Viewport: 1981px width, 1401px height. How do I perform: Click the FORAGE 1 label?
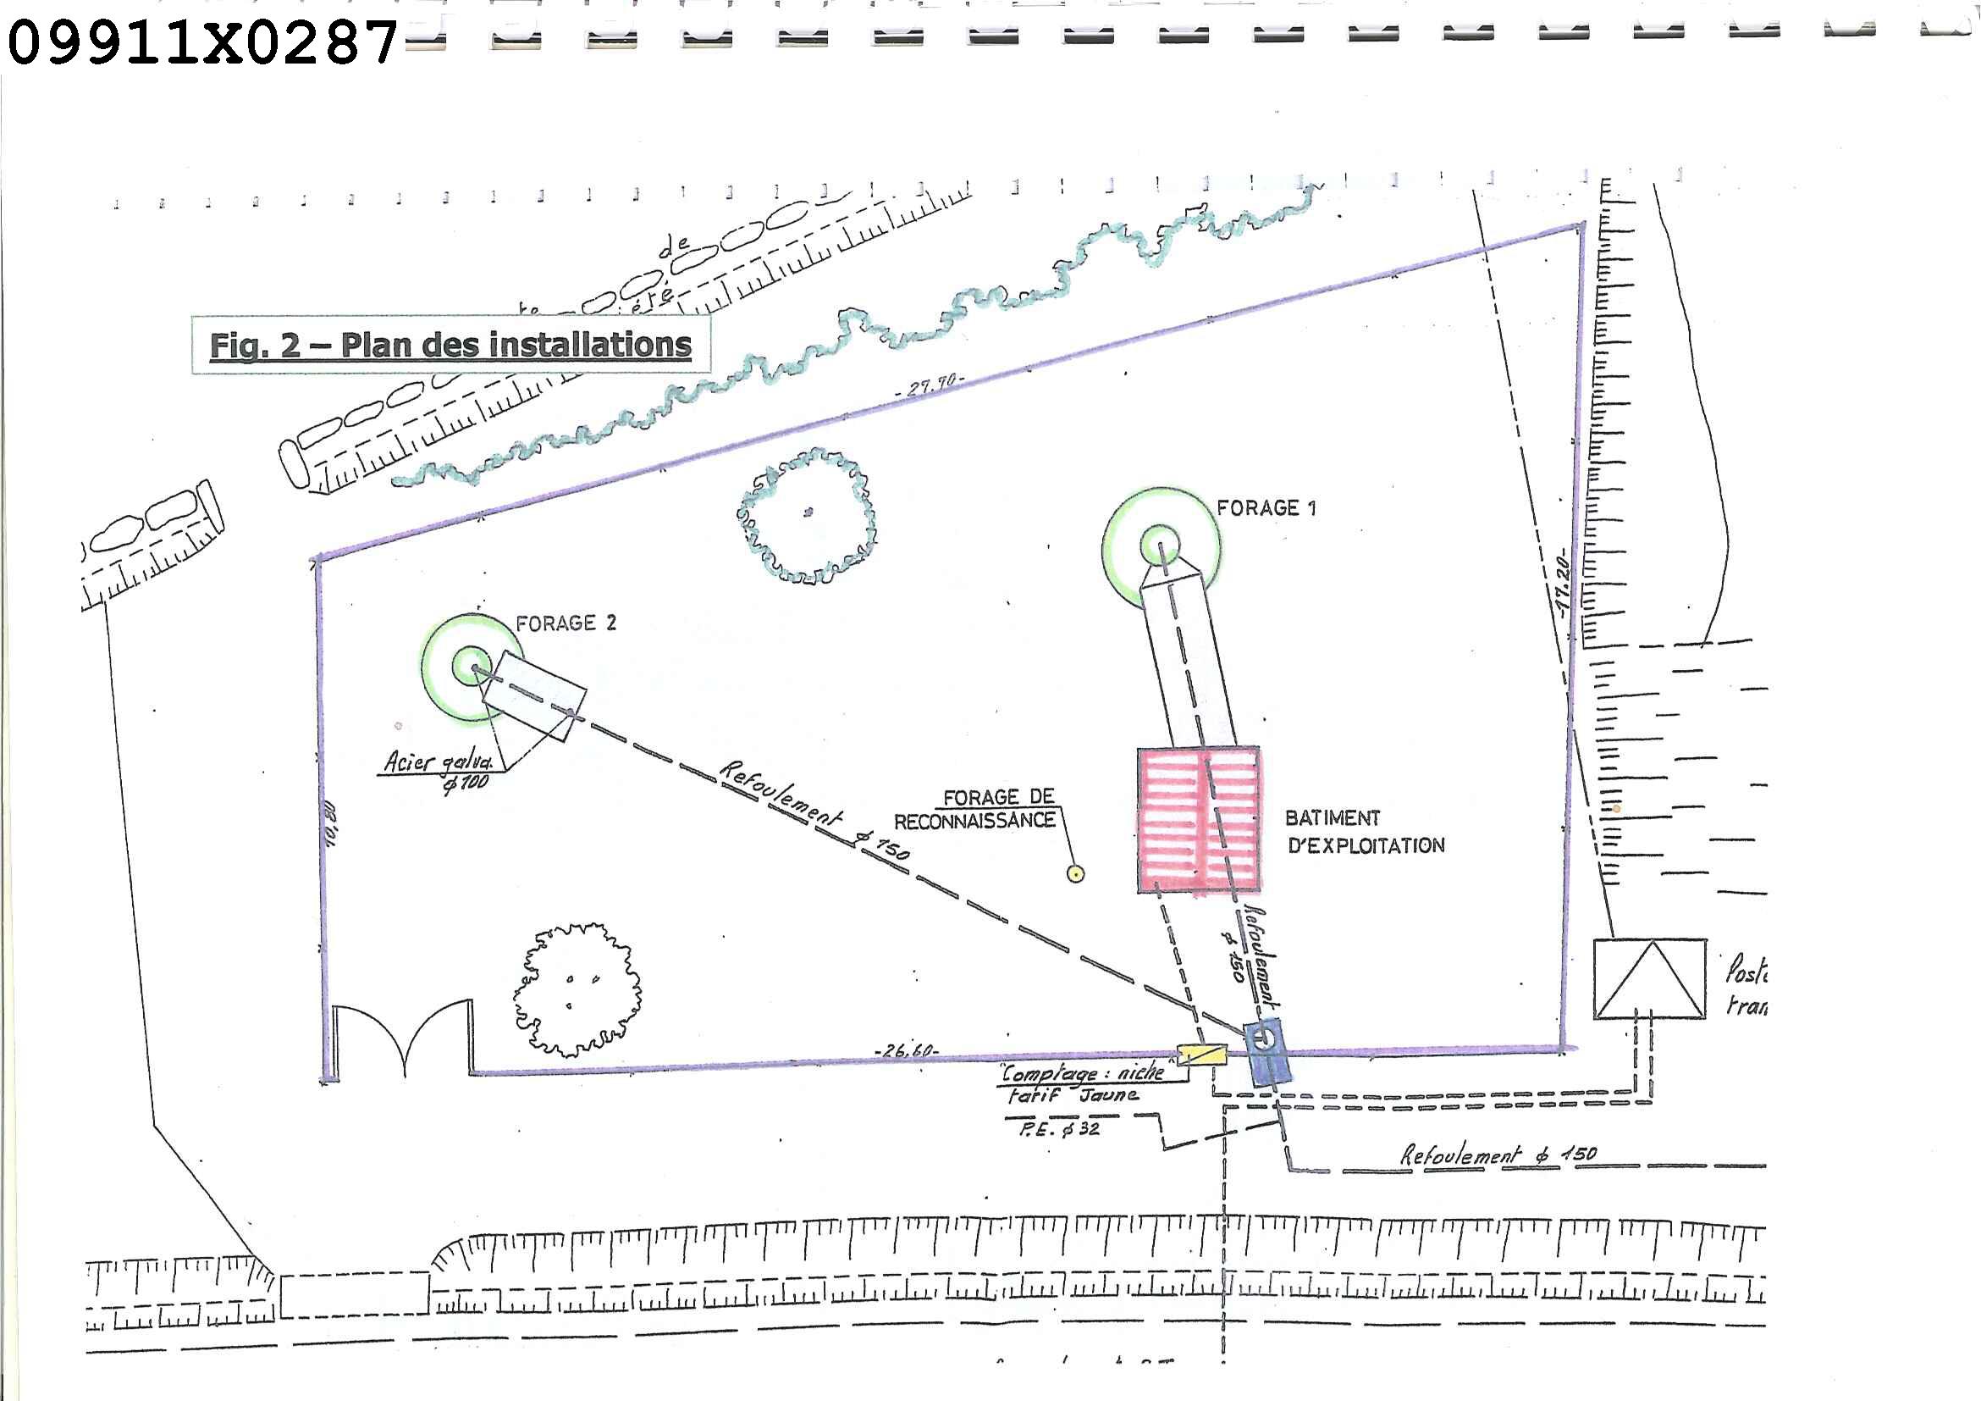tap(1266, 507)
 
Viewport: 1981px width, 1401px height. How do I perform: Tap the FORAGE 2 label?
tap(566, 623)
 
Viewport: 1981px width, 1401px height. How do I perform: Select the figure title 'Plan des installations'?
tap(450, 345)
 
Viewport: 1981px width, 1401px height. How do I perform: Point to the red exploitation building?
tap(1199, 819)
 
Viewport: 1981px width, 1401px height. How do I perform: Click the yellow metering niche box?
tap(1202, 1054)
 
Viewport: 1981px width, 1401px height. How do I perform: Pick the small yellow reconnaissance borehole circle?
tap(1075, 873)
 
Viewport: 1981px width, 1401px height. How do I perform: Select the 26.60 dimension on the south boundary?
tap(906, 1050)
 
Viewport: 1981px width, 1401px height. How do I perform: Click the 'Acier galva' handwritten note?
tap(439, 762)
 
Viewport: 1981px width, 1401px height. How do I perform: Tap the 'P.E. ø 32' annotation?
tap(1060, 1128)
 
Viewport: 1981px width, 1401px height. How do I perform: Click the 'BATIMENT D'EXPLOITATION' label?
tap(1363, 831)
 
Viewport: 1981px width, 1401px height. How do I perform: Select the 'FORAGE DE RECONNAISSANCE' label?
tap(976, 809)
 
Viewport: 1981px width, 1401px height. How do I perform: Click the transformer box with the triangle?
tap(1649, 979)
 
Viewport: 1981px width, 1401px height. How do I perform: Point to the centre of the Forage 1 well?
tap(1161, 545)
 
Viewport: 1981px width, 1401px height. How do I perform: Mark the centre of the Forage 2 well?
tap(472, 666)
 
